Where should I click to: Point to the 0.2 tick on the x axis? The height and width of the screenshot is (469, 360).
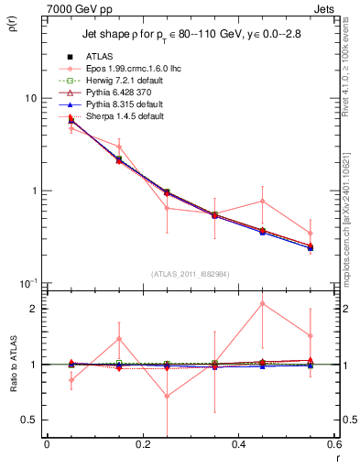(142, 445)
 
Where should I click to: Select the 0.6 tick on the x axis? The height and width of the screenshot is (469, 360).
(333, 445)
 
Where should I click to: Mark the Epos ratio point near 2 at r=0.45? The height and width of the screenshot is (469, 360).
(263, 303)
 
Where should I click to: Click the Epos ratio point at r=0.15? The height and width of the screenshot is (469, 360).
(118, 339)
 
